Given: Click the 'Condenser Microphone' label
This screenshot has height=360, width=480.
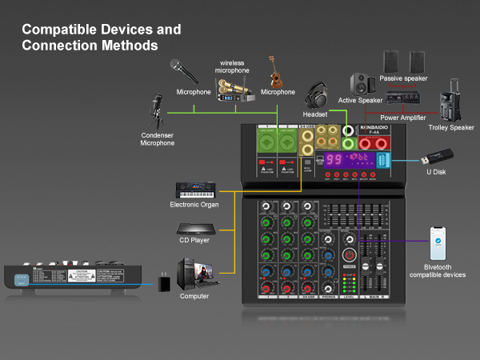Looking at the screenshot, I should pos(157,138).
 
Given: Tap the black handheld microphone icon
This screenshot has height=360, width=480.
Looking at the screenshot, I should pos(185,71).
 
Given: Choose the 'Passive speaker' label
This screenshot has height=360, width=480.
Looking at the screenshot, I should pos(403,78).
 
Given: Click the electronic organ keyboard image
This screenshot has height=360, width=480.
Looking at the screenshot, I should pos(197,191).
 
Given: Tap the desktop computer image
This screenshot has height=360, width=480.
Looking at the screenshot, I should pos(194,274).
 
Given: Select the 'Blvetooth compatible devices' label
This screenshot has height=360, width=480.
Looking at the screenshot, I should pos(437,270).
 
